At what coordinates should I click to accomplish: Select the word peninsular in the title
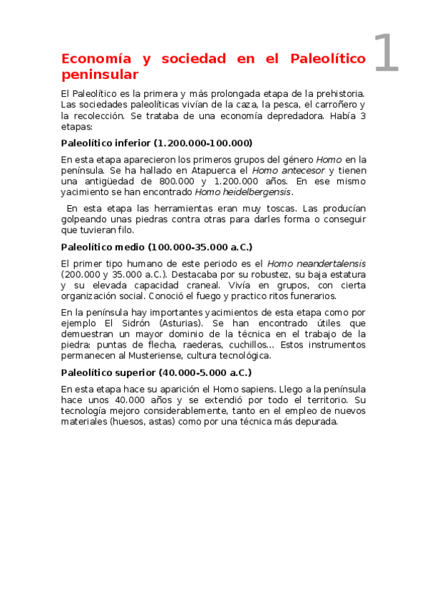click(x=100, y=74)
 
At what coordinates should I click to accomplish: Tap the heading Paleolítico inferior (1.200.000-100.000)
click(x=157, y=142)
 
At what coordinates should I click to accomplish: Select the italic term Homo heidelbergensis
click(x=243, y=192)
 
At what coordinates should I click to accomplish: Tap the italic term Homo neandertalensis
click(x=317, y=264)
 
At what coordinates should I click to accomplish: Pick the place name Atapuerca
click(x=212, y=170)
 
